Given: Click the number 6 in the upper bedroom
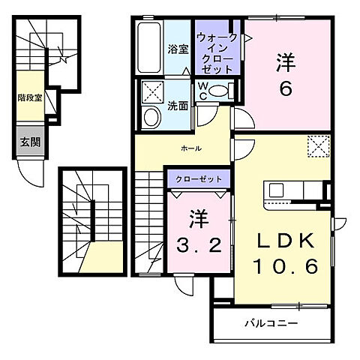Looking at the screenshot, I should point(285,88).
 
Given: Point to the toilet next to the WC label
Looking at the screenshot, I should point(220,91).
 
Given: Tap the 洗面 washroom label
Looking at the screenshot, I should point(178,106).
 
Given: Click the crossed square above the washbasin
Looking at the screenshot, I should point(153,93).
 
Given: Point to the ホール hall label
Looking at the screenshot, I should point(190,149).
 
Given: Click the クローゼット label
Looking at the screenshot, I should point(198,180).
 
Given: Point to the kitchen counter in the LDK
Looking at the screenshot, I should point(291,193).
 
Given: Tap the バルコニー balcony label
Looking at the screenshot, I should point(271,324).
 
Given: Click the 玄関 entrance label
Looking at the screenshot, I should point(30,140).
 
